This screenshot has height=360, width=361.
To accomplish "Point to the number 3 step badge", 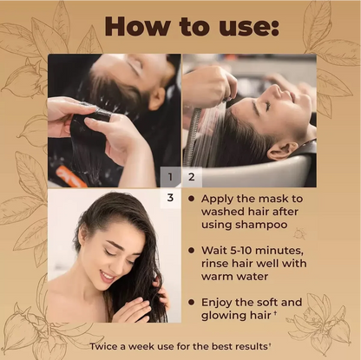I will click(x=171, y=199).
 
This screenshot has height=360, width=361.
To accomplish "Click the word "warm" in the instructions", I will click(x=220, y=278).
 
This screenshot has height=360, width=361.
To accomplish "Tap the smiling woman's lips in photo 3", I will click(x=107, y=276).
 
